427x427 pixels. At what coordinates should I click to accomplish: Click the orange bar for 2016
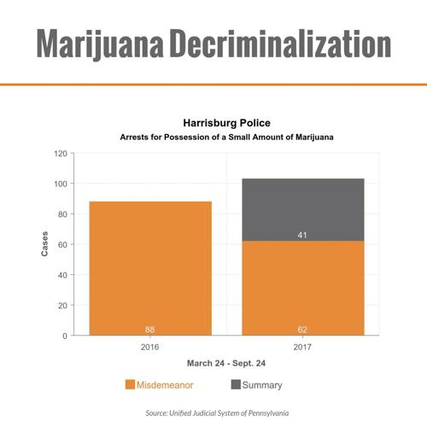[x=150, y=268]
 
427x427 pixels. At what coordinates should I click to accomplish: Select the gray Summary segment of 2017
[x=302, y=209]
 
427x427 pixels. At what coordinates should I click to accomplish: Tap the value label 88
[x=150, y=328]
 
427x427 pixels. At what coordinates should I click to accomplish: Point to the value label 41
[x=302, y=234]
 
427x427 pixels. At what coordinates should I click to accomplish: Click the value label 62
[x=302, y=328]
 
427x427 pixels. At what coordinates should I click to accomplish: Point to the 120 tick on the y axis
[x=61, y=154]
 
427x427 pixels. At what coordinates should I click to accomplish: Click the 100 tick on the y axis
[x=61, y=184]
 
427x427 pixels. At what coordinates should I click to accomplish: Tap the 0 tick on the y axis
[x=66, y=336]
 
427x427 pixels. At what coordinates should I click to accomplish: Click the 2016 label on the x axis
[x=150, y=348]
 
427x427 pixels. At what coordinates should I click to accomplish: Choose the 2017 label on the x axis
[x=302, y=348]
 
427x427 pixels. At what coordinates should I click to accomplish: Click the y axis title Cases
[x=44, y=244]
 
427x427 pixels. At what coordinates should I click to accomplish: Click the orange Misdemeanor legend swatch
[x=130, y=385]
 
